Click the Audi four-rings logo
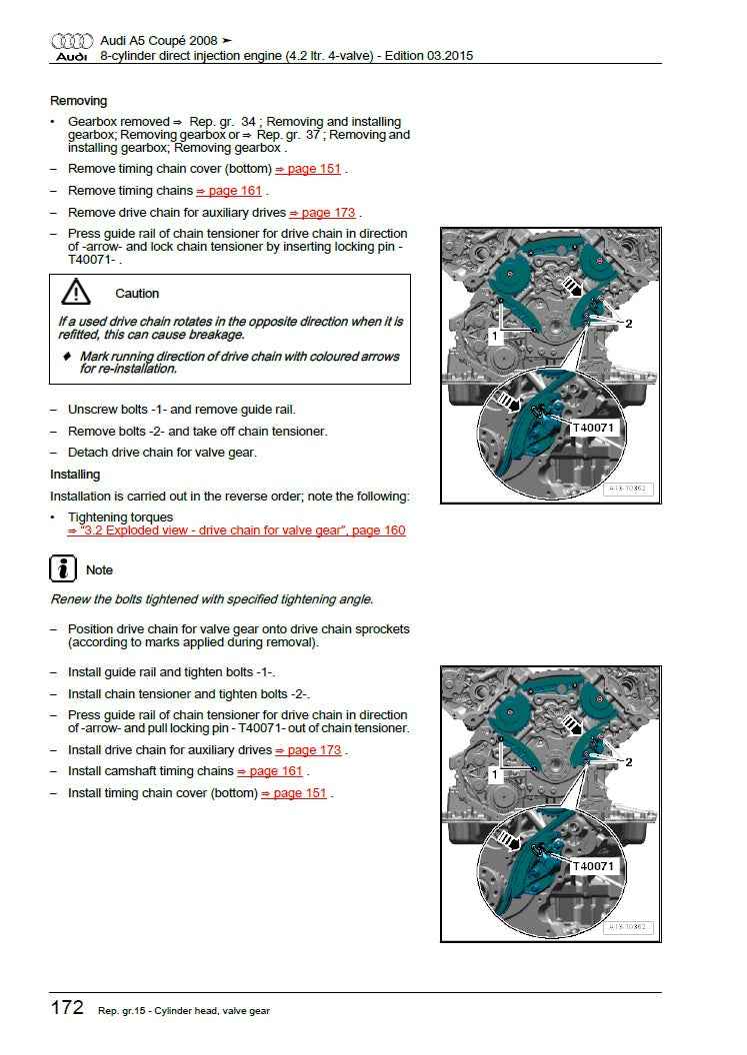coord(72,41)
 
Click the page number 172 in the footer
coord(67,1007)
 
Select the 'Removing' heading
coord(78,101)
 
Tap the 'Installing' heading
coord(75,475)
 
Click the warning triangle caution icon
coord(75,292)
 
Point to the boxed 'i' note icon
coord(63,569)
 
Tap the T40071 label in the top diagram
coord(593,428)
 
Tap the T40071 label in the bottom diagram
coord(593,866)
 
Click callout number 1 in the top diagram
coord(494,337)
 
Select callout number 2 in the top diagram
coord(629,324)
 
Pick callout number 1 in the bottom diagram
coord(494,775)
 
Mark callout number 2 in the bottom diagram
coord(629,762)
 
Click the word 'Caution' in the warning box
coord(137,294)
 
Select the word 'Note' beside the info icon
coord(99,570)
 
